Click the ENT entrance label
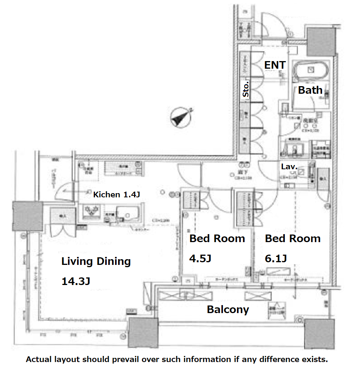[275, 65]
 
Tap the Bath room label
[310, 90]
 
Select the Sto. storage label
[246, 90]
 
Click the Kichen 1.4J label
[117, 195]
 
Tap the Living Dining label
[96, 261]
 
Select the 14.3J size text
[76, 281]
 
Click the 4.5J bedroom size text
[200, 258]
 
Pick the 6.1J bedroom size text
[276, 258]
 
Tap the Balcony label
[228, 309]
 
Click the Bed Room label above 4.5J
[217, 239]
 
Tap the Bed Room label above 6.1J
[292, 239]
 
